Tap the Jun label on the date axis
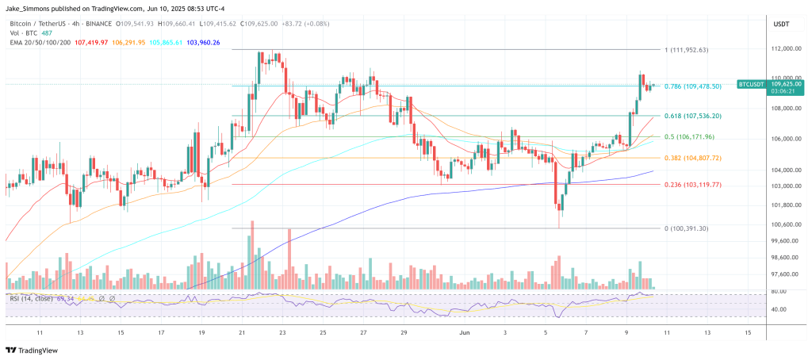pos(466,334)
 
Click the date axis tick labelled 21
pos(242,334)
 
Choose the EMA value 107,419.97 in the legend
pos(90,41)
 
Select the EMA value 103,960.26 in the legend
pos(201,41)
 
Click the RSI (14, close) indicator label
pos(33,298)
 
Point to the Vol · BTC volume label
pos(23,33)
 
